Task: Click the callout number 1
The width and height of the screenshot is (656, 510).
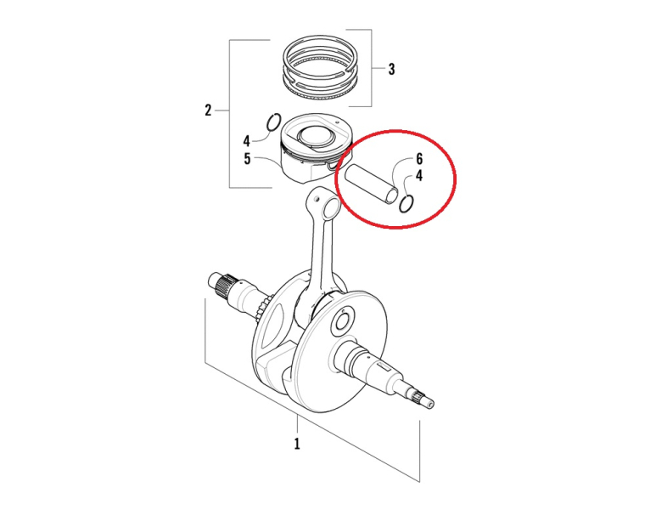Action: (x=297, y=444)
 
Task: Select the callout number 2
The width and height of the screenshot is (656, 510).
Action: (x=208, y=110)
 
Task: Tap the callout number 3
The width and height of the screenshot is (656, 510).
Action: (x=391, y=69)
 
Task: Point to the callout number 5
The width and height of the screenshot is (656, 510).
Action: (x=247, y=159)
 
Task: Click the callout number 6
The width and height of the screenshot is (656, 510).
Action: (x=418, y=159)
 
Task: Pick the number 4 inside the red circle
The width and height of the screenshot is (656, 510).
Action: (x=418, y=176)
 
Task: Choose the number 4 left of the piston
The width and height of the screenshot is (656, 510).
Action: (x=247, y=141)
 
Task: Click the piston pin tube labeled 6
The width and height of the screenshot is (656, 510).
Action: (x=371, y=184)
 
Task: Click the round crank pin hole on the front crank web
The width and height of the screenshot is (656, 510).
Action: (x=342, y=323)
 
